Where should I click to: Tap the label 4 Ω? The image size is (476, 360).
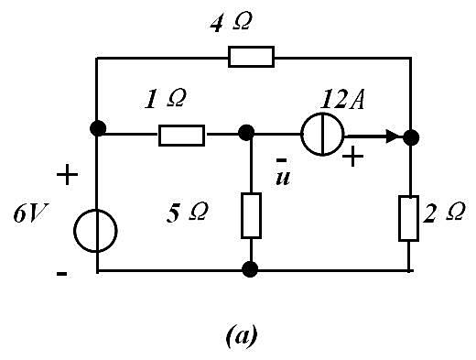click(x=231, y=23)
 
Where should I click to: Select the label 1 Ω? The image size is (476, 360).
click(x=165, y=99)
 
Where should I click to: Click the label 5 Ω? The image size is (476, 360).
click(x=188, y=213)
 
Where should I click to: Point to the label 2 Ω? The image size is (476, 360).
click(x=444, y=212)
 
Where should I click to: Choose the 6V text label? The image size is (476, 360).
click(x=31, y=213)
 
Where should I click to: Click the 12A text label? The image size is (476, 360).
click(x=342, y=99)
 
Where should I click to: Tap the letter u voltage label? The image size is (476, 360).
click(x=283, y=178)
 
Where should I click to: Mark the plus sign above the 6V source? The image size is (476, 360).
click(x=67, y=174)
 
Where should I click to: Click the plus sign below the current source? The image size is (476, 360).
click(x=352, y=157)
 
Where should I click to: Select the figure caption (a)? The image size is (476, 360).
click(x=242, y=335)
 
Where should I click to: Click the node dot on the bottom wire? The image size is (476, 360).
click(x=250, y=269)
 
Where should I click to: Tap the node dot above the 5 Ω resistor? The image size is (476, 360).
click(x=246, y=133)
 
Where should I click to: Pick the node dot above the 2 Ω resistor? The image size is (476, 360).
click(x=411, y=137)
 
